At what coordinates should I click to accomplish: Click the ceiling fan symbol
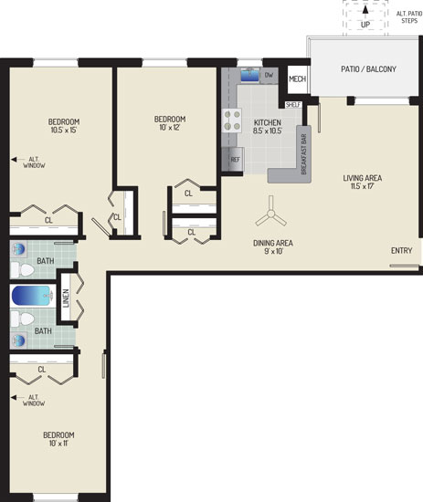[x=270, y=214]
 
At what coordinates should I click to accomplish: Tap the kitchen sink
[x=249, y=76]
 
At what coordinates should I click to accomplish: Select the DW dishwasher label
[x=270, y=75]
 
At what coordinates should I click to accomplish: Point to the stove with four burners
[x=231, y=120]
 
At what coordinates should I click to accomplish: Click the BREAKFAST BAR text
[x=304, y=154]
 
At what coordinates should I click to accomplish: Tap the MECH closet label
[x=298, y=78]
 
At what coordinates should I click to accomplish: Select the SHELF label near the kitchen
[x=293, y=105]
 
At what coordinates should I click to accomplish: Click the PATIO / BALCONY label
[x=368, y=68]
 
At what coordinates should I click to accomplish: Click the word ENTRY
[x=401, y=250]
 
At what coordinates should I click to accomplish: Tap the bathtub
[x=32, y=296]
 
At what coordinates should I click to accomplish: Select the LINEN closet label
[x=66, y=298]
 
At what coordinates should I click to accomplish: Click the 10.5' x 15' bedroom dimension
[x=64, y=130]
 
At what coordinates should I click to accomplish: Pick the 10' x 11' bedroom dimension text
[x=58, y=443]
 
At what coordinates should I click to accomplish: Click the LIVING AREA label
[x=363, y=178]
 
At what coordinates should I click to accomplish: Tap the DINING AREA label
[x=273, y=243]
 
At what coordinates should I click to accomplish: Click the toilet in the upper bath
[x=23, y=270]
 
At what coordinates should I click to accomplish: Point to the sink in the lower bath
[x=18, y=340]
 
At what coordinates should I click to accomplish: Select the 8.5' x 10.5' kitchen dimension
[x=268, y=131]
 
